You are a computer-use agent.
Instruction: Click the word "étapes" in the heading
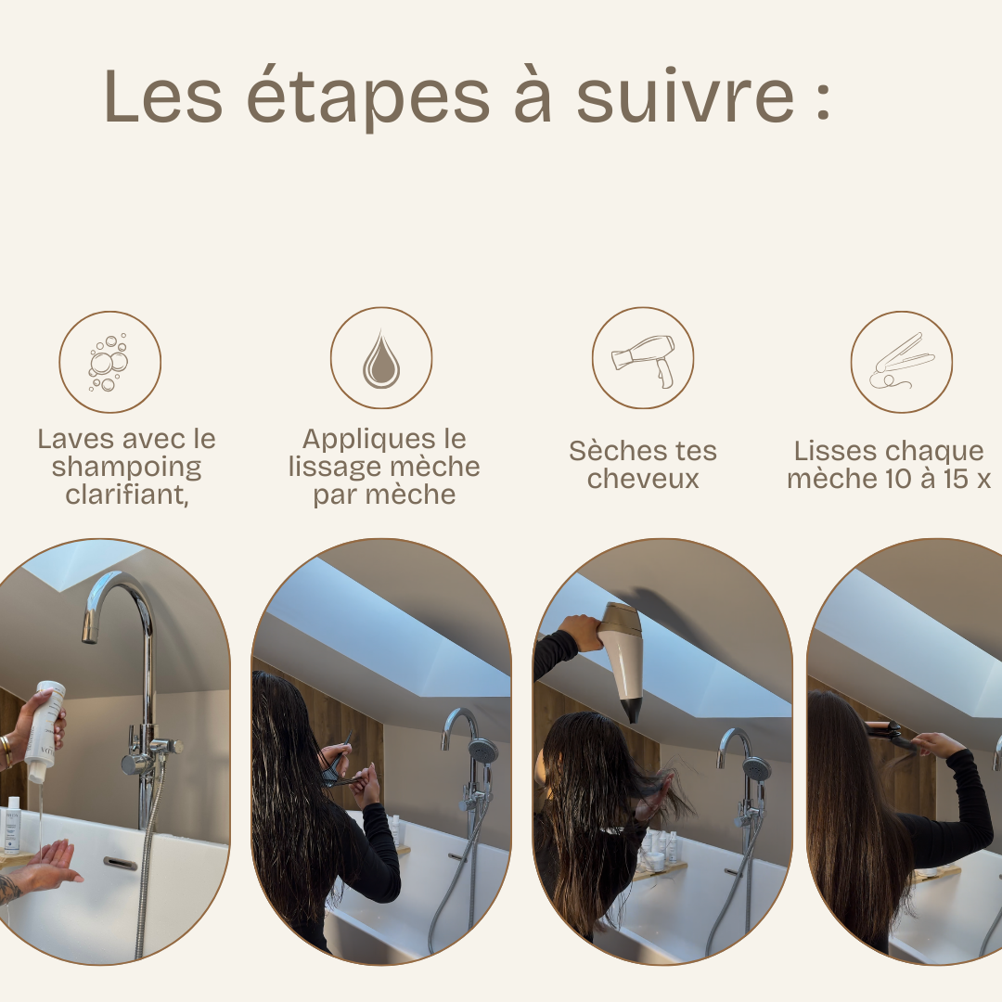(368, 97)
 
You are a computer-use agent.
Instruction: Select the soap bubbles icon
(109, 362)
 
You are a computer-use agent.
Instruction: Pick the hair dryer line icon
(643, 360)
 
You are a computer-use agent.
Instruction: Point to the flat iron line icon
(901, 361)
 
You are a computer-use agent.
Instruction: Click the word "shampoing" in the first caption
(126, 467)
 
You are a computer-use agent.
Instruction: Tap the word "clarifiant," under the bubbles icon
(126, 495)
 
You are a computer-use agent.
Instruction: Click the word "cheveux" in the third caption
(643, 479)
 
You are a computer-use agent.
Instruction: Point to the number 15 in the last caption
(956, 479)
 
